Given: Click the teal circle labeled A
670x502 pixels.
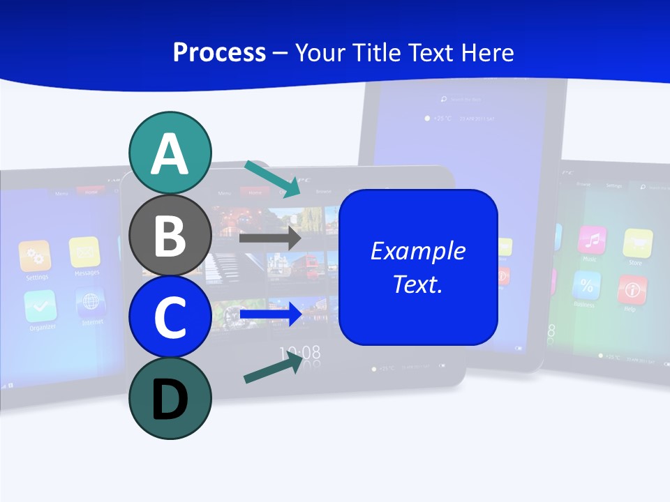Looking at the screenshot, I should (170, 153).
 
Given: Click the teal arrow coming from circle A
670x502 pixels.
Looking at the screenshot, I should (273, 178).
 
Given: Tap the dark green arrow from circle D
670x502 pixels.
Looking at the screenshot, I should (273, 367).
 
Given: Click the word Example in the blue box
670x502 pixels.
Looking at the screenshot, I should (417, 251).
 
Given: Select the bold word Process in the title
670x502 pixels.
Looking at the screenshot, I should (219, 52).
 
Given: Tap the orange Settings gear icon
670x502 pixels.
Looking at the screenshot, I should (35, 256).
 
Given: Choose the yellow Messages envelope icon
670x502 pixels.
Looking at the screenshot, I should (84, 252).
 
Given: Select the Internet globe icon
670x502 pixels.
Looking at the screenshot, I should (91, 302).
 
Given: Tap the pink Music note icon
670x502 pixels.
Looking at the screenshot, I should (592, 241).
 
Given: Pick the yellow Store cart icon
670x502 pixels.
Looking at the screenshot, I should (637, 243).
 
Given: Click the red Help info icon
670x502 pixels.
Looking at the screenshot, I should (632, 289).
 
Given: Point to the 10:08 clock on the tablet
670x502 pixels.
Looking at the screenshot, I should (300, 352).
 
